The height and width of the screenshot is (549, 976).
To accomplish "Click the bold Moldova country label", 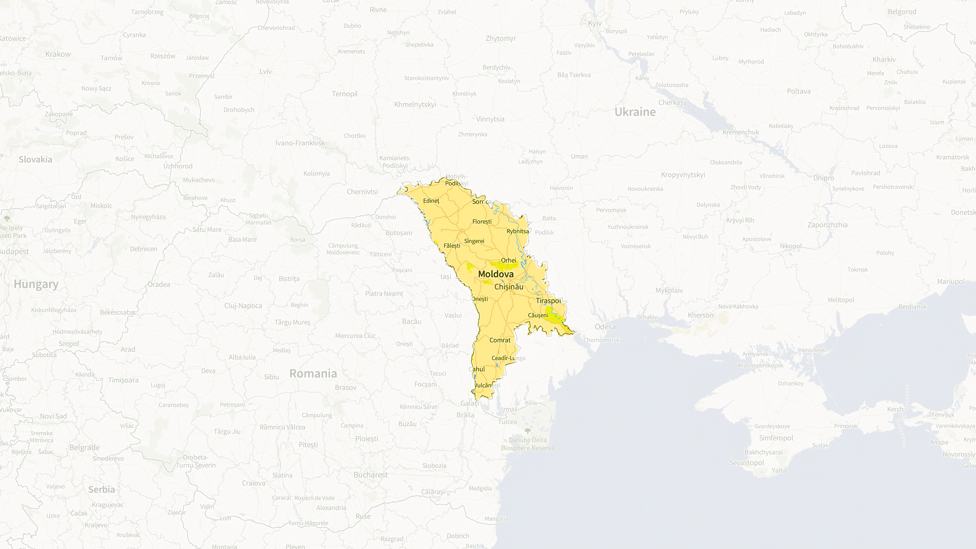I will pyautogui.click(x=496, y=274).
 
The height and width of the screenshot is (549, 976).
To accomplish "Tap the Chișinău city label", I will pyautogui.click(x=509, y=287).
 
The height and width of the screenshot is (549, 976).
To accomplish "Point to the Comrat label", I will pyautogui.click(x=500, y=340).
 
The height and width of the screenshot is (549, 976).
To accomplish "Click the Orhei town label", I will pyautogui.click(x=508, y=260).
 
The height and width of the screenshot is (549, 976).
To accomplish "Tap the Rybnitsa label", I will pyautogui.click(x=518, y=231).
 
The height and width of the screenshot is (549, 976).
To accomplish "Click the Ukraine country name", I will pyautogui.click(x=635, y=112).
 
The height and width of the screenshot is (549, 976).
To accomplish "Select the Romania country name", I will pyautogui.click(x=313, y=374).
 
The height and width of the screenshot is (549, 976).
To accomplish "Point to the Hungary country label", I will pyautogui.click(x=36, y=284).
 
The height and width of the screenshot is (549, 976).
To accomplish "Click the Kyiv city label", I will pyautogui.click(x=594, y=24).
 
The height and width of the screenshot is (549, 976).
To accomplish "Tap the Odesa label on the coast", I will pyautogui.click(x=605, y=327).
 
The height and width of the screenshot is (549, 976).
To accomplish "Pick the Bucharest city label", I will pyautogui.click(x=370, y=475).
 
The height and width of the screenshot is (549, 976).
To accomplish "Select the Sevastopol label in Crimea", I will pyautogui.click(x=746, y=463).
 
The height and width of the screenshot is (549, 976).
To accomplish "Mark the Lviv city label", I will pyautogui.click(x=266, y=71).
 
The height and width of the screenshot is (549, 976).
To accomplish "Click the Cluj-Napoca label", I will pyautogui.click(x=243, y=306).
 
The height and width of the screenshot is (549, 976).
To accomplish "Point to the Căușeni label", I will pyautogui.click(x=538, y=315).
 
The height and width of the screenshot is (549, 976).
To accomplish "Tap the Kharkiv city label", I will pyautogui.click(x=884, y=59).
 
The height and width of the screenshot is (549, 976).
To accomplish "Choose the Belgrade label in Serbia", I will pyautogui.click(x=85, y=447).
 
